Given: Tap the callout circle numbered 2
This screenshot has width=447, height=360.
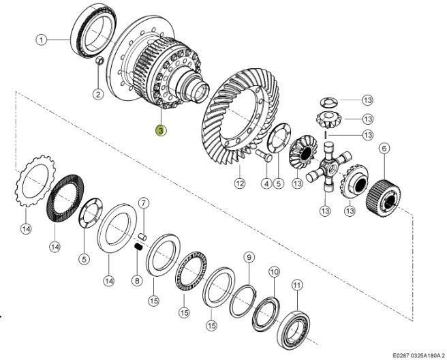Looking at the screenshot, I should [97, 93].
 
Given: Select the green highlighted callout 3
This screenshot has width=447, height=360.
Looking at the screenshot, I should [160, 130].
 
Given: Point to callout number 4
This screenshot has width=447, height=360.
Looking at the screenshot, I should [266, 183].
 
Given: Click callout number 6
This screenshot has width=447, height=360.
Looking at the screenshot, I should [384, 149].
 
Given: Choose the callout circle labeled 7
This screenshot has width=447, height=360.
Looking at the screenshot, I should [143, 203].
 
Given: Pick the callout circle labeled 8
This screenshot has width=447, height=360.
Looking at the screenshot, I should [136, 280].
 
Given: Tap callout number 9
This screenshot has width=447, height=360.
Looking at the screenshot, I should [249, 257].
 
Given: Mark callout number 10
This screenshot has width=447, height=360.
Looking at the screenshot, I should [274, 272].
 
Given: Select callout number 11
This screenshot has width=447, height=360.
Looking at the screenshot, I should [296, 284].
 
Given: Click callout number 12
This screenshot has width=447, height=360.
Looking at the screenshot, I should [239, 183].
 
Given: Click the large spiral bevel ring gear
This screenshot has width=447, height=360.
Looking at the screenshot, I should [235, 123].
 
